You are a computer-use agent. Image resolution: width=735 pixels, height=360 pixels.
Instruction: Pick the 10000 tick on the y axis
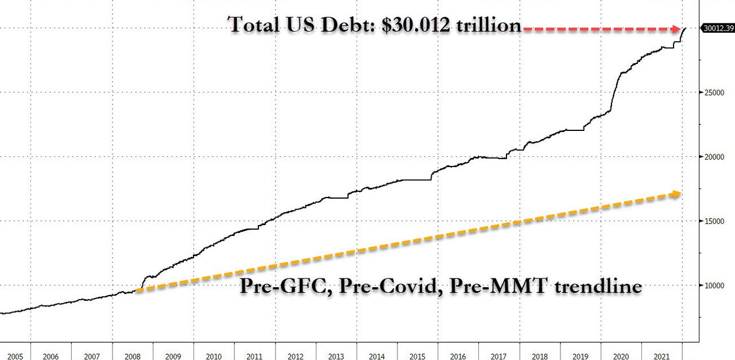(714, 285)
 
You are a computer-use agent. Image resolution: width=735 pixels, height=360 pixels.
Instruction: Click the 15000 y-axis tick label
(714, 221)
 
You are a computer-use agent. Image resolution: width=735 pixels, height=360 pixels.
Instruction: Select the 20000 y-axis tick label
(714, 157)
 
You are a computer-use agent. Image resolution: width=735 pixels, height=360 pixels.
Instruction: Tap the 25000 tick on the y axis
(714, 92)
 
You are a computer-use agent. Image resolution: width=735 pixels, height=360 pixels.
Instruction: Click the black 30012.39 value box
(718, 28)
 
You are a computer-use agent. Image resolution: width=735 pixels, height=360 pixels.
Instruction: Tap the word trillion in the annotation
(493, 25)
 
